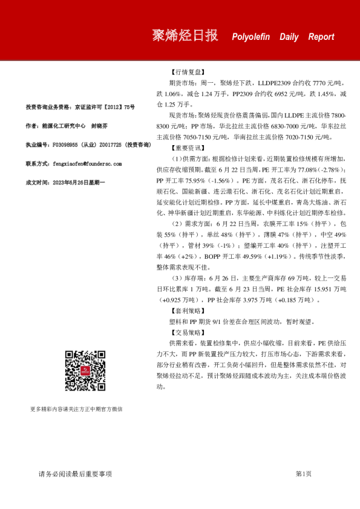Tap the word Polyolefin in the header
(x=252, y=37)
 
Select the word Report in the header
(x=321, y=37)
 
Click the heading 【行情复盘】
(x=188, y=70)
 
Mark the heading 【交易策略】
(x=188, y=332)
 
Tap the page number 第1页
(x=303, y=474)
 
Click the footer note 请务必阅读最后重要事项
(x=76, y=474)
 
